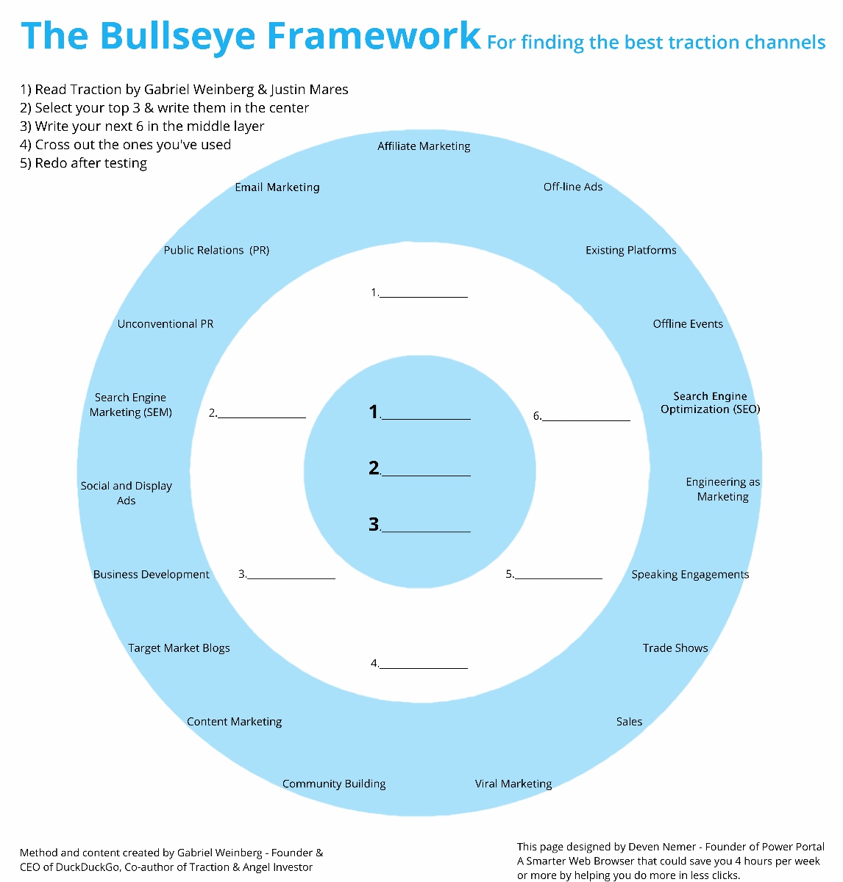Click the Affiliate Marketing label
click(x=424, y=146)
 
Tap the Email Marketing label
click(x=277, y=187)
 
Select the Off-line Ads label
click(x=573, y=187)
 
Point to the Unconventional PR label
click(x=166, y=324)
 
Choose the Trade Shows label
click(x=675, y=648)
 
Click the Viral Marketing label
click(x=513, y=784)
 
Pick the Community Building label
click(x=334, y=784)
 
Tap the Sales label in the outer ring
click(x=629, y=722)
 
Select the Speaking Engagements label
click(x=690, y=575)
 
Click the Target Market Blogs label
click(x=179, y=648)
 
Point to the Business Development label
click(x=152, y=575)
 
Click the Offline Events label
click(x=688, y=324)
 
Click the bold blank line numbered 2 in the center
click(x=425, y=474)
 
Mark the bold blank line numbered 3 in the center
click(x=425, y=530)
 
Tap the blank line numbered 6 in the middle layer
click(x=586, y=419)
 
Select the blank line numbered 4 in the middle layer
click(x=424, y=667)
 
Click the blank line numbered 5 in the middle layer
click(x=558, y=578)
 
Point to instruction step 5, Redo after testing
click(x=84, y=163)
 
